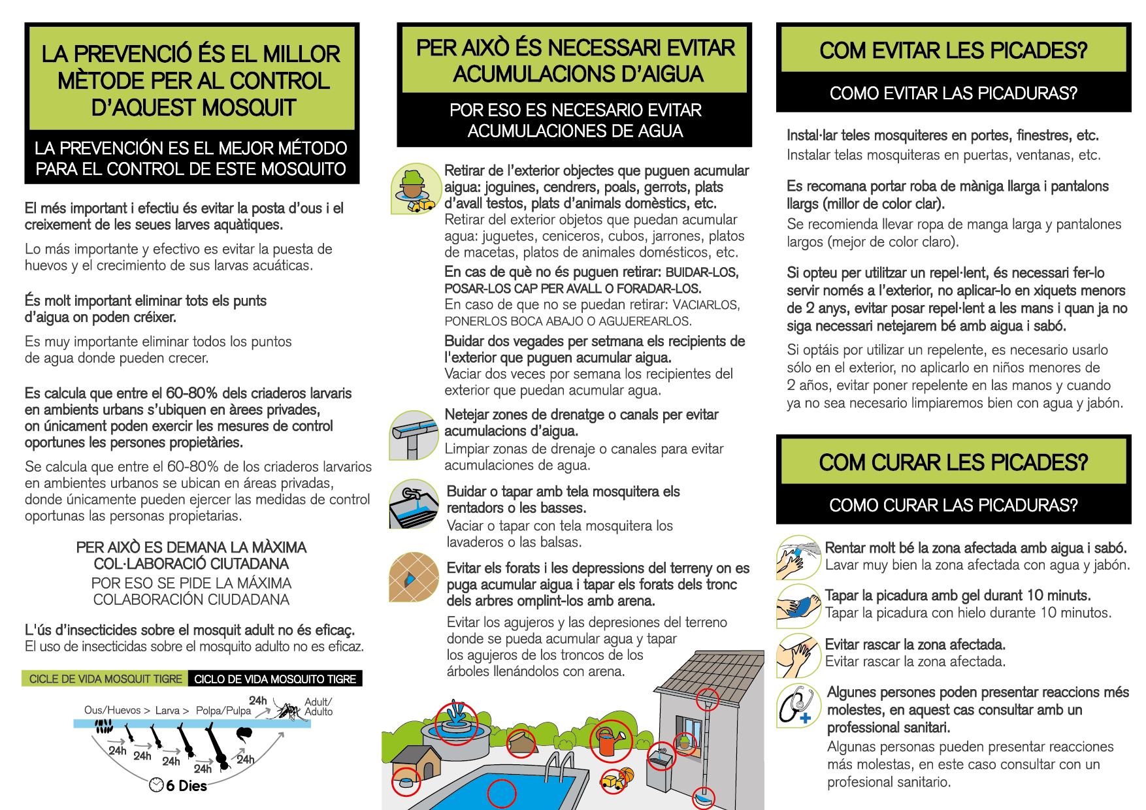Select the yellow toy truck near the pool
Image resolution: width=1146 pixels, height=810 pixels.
point(610,781)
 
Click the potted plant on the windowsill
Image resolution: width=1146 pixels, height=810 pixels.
point(684,741)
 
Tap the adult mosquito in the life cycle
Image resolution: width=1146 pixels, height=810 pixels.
point(290,711)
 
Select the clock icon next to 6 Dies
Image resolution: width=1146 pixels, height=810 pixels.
point(156,785)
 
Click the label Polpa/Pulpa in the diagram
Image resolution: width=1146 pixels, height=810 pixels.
point(223,710)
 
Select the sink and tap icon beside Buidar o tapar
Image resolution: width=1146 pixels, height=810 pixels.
point(413,504)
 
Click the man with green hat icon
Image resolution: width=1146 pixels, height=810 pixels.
point(414,189)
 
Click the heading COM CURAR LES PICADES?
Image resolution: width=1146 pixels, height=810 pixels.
point(953,462)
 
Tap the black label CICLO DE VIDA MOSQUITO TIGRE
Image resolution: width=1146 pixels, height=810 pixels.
point(275,679)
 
